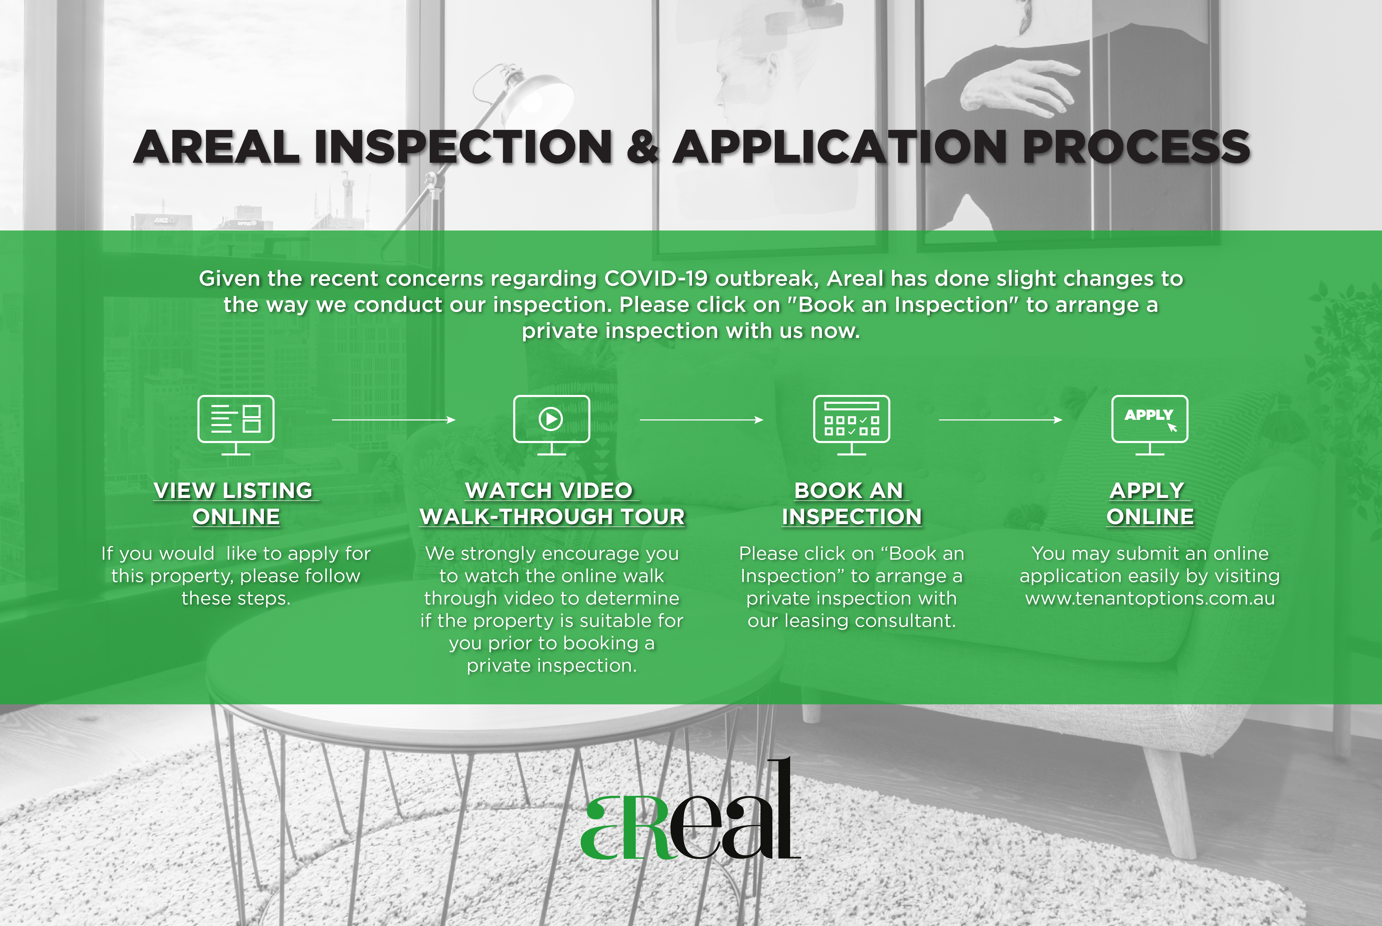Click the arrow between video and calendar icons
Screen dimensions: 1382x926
point(702,420)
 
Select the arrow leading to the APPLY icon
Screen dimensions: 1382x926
point(1000,420)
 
